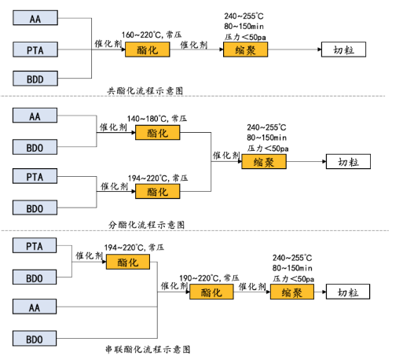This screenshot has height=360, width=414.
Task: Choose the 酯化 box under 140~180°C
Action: (x=157, y=134)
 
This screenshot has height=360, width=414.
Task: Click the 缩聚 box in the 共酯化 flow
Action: (x=246, y=50)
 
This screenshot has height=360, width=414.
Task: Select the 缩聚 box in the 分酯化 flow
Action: (x=263, y=162)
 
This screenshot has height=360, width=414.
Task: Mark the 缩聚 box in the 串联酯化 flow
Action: (x=291, y=292)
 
